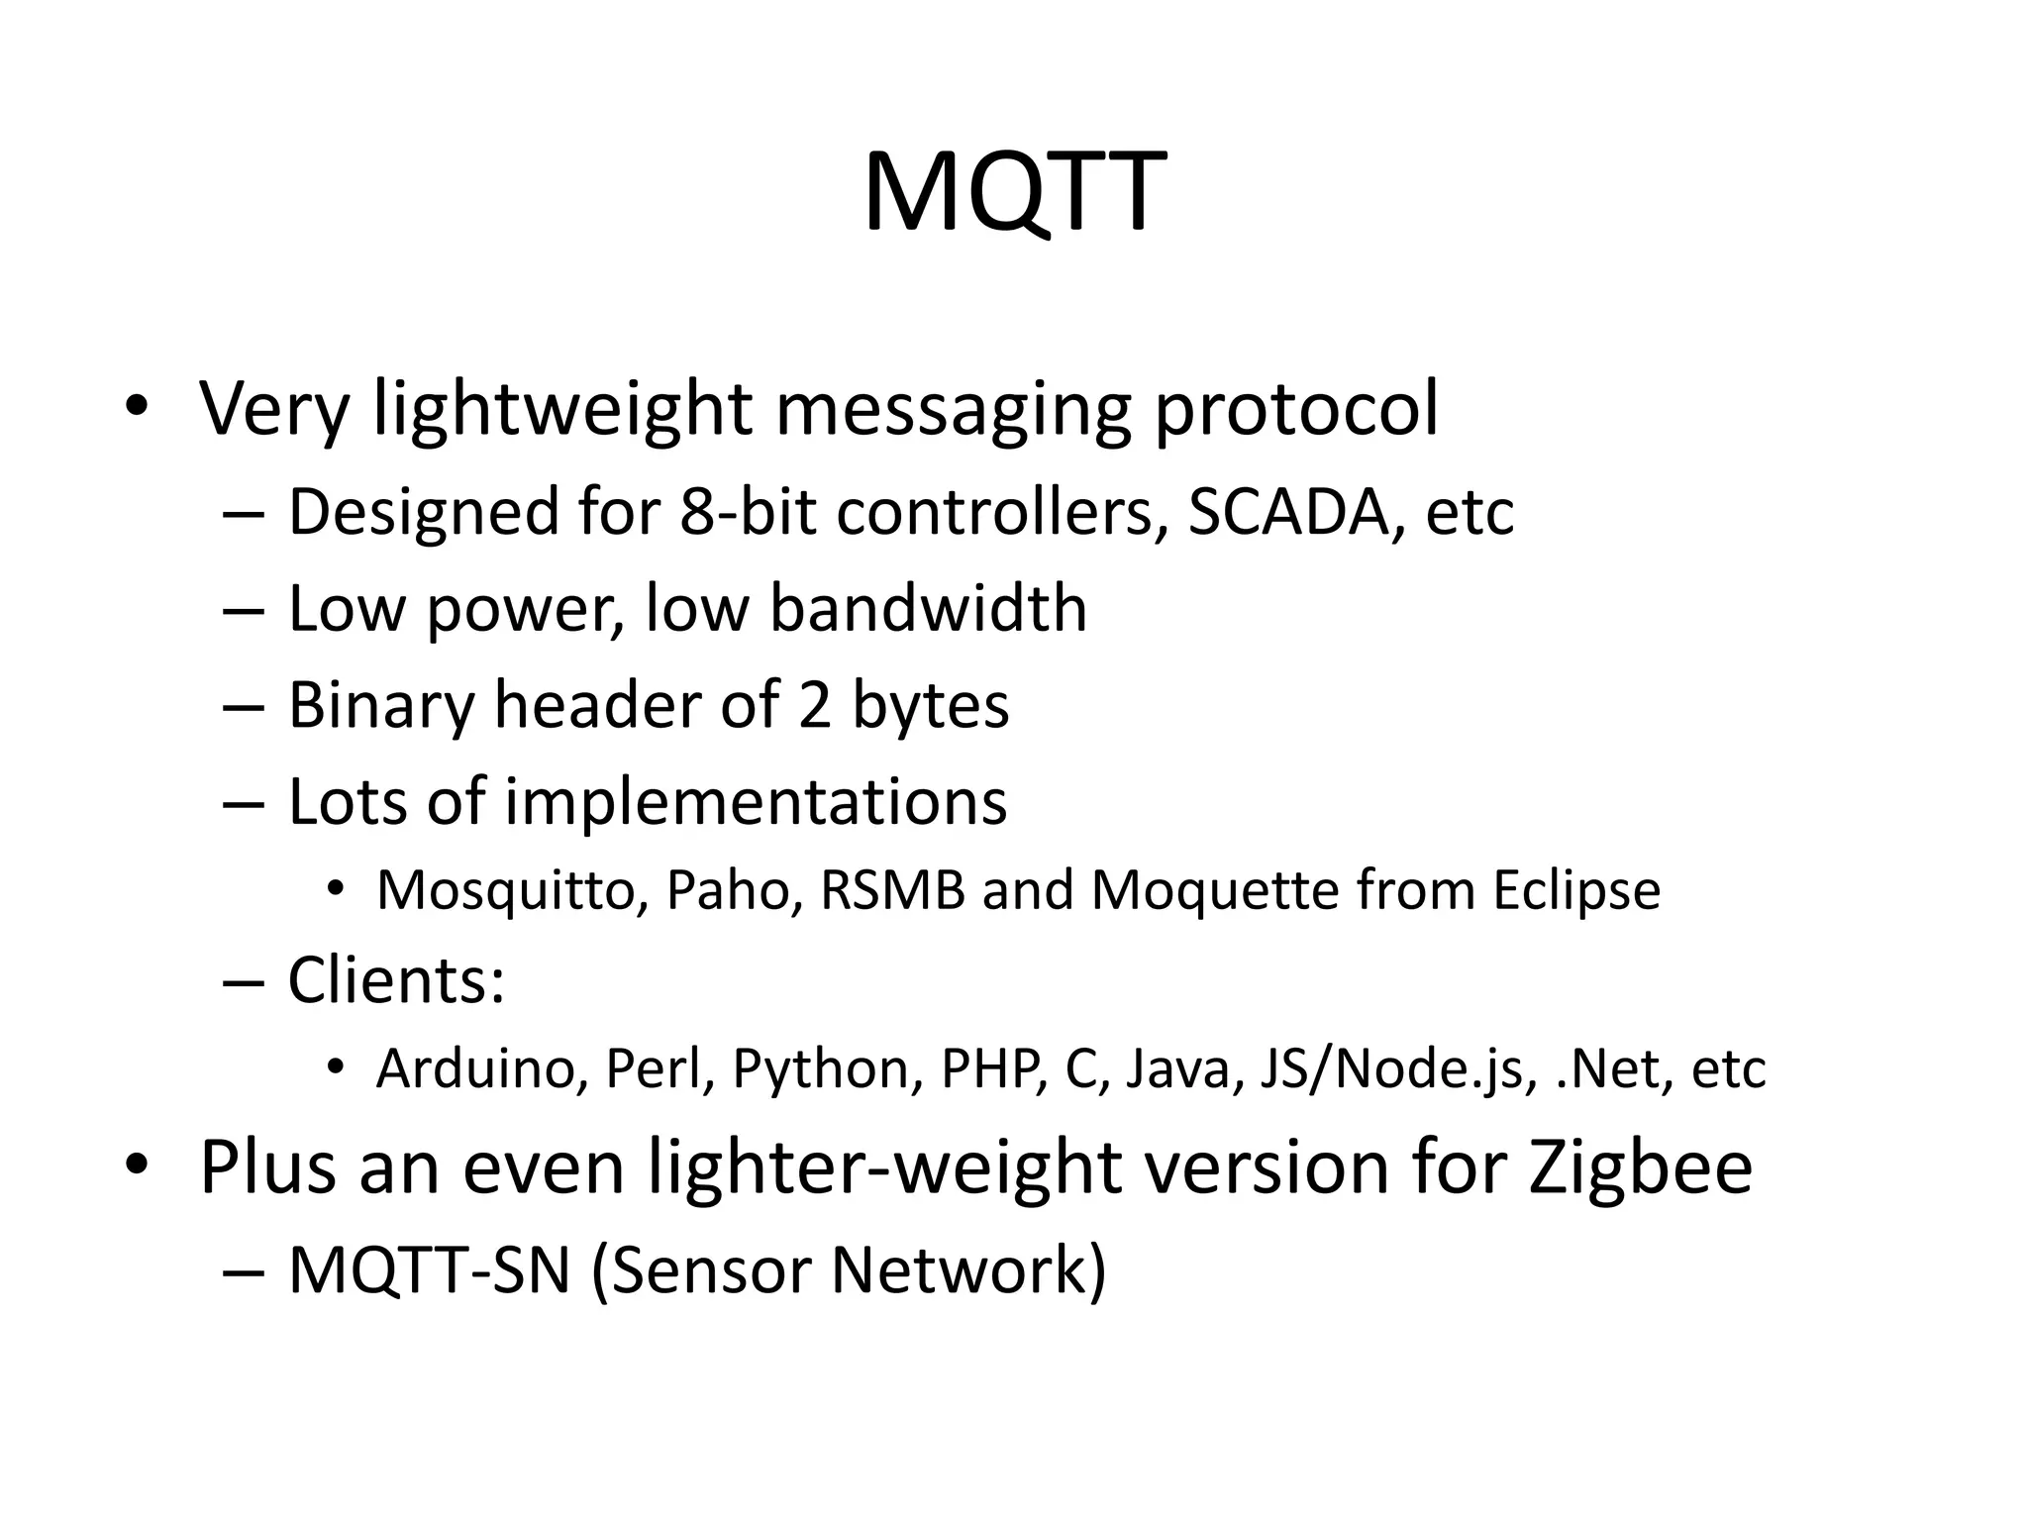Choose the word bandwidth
(x=929, y=608)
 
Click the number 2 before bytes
(x=814, y=705)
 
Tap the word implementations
(x=757, y=801)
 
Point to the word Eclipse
(x=1576, y=890)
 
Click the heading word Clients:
(x=396, y=980)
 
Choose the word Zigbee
(x=1640, y=1168)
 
